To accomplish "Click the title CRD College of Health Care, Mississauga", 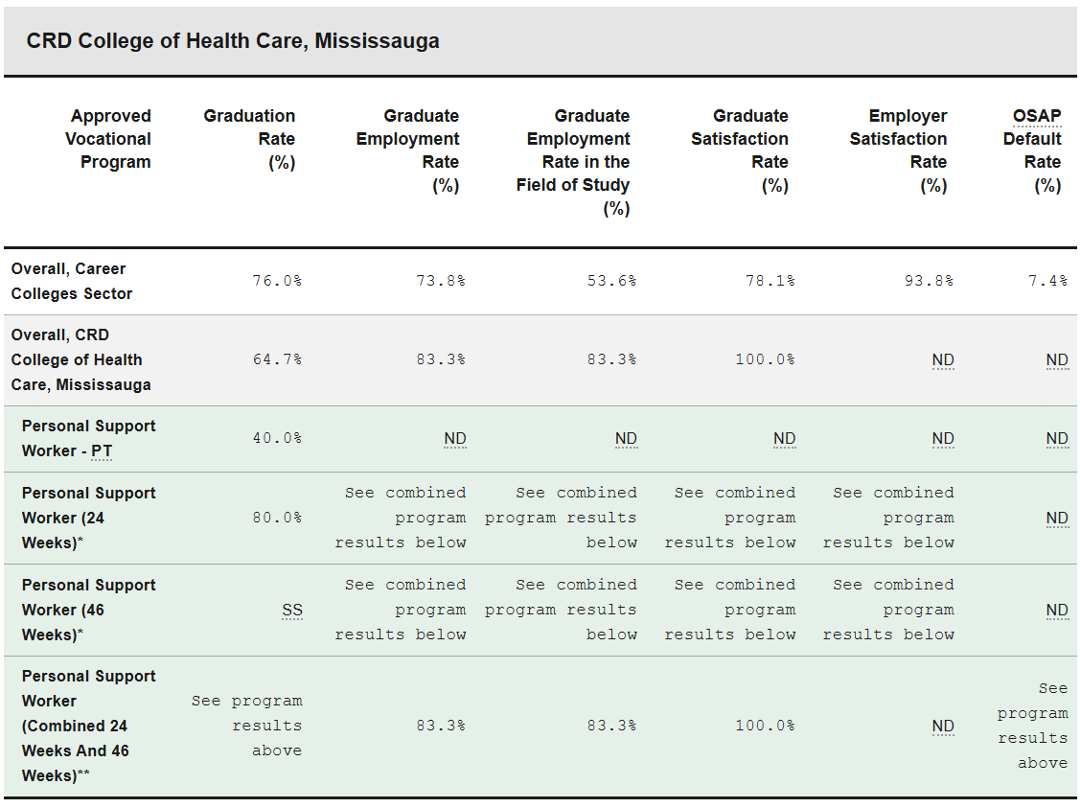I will coord(233,41).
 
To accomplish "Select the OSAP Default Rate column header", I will coord(1033,150).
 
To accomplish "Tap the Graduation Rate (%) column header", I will coord(250,139).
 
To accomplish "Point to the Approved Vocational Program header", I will coord(108,139).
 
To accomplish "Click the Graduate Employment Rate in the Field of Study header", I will coord(573,162).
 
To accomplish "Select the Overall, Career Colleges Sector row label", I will coord(72,281).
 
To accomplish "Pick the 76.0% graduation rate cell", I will coord(277,281).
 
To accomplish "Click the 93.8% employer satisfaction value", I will coord(928,281).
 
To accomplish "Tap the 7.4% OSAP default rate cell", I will coord(1047,281).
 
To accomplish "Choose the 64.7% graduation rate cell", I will coord(277,359).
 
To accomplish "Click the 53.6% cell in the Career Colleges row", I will coord(611,281).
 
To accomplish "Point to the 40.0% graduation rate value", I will coord(277,438).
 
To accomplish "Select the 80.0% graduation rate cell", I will coord(277,518).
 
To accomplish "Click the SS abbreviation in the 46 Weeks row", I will coord(291,610).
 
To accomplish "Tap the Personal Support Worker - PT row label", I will coord(88,438).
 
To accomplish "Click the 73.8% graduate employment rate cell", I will coord(441,281).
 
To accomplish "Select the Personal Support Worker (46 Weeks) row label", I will coord(88,610).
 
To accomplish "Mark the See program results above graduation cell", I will coord(247,726).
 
